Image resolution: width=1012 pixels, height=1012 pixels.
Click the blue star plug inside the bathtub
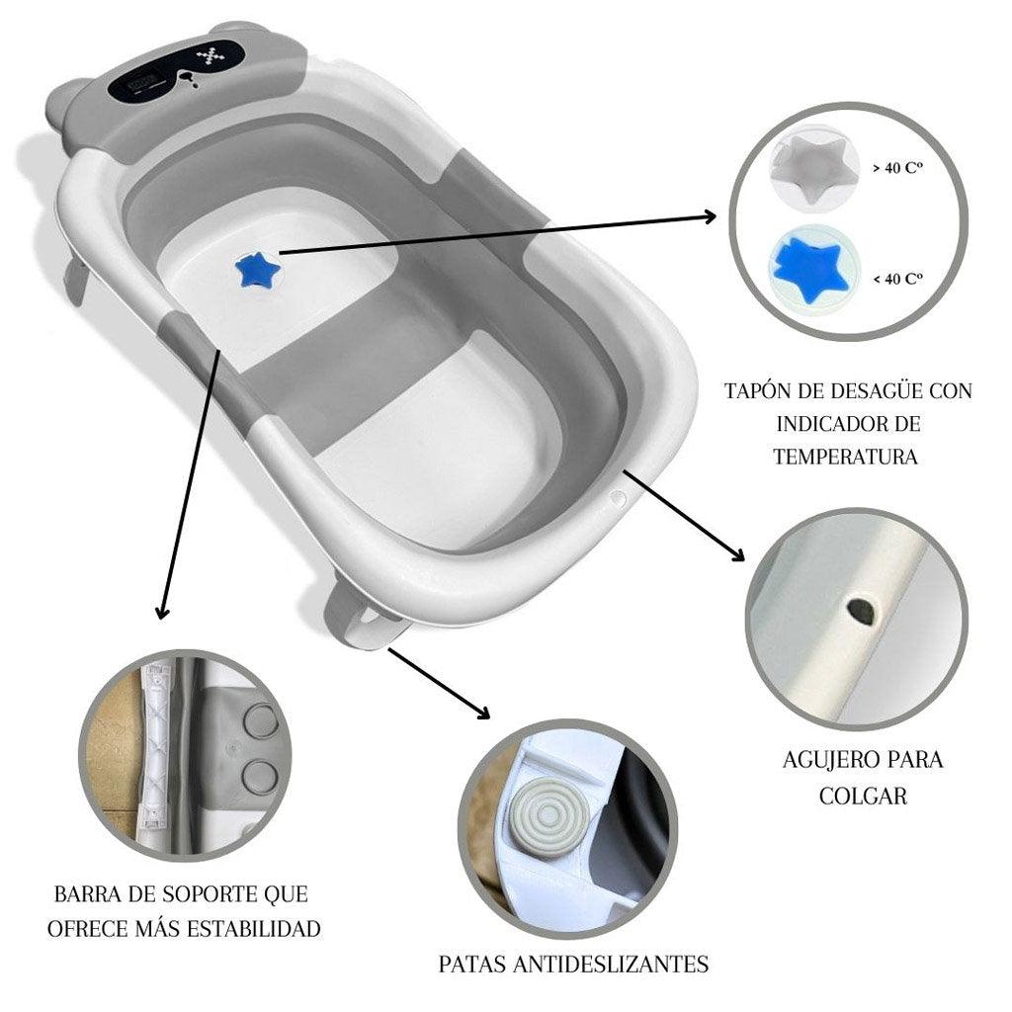259,269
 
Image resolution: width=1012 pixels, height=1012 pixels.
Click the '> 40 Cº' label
896,169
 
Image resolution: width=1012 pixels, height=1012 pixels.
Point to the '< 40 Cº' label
896,280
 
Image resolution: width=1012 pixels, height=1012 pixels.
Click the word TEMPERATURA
845,457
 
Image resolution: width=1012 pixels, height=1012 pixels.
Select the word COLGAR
863,796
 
